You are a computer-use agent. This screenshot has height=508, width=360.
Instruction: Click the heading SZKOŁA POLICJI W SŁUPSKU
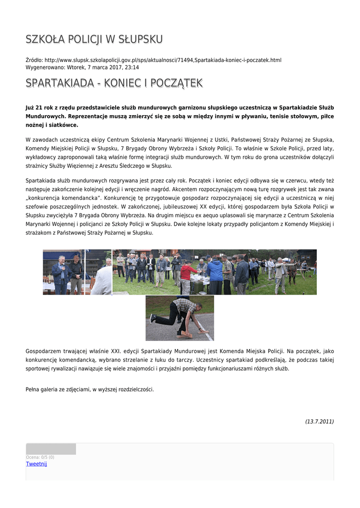click(94, 39)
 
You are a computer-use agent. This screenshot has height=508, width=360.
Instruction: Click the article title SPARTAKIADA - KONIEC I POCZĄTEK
click(114, 83)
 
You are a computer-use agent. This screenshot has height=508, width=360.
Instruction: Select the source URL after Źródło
click(163, 60)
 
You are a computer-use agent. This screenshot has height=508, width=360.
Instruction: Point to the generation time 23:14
click(132, 67)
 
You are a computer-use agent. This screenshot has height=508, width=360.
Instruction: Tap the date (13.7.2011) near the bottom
click(319, 421)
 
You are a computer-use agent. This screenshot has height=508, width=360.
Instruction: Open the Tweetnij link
click(36, 464)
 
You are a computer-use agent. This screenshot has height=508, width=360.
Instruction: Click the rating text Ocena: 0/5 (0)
click(40, 457)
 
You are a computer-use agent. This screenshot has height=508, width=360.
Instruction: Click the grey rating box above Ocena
click(51, 449)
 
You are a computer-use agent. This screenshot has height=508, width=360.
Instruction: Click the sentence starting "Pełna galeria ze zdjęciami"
click(89, 389)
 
